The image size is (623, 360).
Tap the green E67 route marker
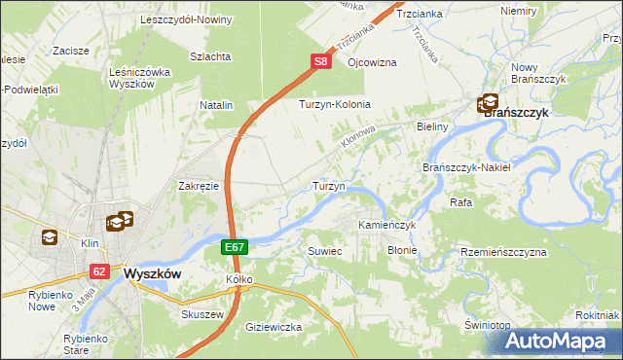(x=234, y=249)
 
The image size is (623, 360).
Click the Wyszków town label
(x=153, y=273)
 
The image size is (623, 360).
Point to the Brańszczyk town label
(x=517, y=112)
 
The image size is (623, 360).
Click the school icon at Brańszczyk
(x=488, y=102)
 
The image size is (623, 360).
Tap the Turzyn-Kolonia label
(x=336, y=104)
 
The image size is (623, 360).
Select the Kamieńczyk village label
(x=386, y=225)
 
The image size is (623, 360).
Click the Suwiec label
(x=325, y=250)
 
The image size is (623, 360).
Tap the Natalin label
(x=216, y=104)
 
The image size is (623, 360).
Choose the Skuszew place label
(x=203, y=314)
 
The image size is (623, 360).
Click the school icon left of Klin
(x=50, y=236)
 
